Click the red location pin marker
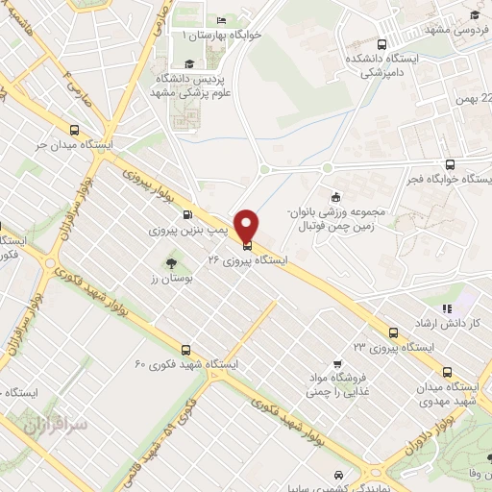(x=246, y=225)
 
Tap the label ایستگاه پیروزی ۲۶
(x=245, y=260)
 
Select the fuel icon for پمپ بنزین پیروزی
(x=186, y=215)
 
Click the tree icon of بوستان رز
(x=171, y=261)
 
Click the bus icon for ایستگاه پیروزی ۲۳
(x=392, y=332)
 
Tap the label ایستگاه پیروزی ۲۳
(x=393, y=347)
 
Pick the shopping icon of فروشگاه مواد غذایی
(x=335, y=363)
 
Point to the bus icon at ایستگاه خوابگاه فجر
(x=449, y=164)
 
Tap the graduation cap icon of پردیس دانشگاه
(x=189, y=63)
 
